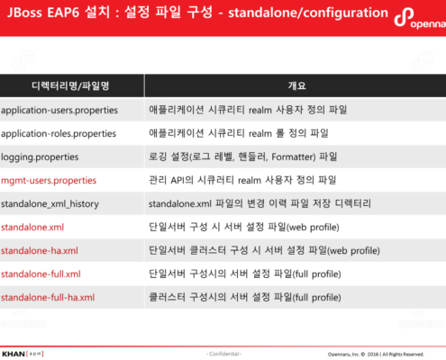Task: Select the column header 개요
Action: coord(296,85)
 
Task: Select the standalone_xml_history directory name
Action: coord(50,203)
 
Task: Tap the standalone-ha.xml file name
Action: coord(40,250)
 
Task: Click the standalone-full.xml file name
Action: coord(41,274)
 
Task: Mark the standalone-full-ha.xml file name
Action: coord(48,297)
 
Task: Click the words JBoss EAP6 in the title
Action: coord(40,15)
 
